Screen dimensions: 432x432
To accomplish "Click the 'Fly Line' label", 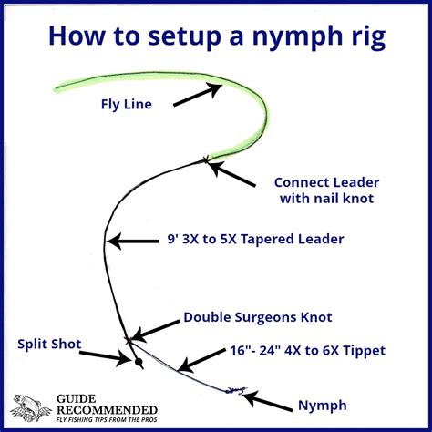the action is click(x=127, y=105).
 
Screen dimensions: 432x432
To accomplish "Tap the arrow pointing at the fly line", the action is click(x=198, y=95).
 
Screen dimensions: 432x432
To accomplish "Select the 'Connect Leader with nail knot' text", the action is click(x=327, y=190).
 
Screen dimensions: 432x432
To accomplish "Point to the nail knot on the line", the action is click(x=206, y=159).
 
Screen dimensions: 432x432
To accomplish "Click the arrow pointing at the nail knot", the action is click(x=232, y=173).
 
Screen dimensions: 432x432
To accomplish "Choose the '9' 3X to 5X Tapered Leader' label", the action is click(x=256, y=239).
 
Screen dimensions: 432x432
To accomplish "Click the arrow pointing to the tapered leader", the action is click(x=133, y=242).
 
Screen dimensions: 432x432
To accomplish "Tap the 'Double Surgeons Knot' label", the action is click(x=258, y=317).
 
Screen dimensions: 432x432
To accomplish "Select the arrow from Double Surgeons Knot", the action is click(x=156, y=331).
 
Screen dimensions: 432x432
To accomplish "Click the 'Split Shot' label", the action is click(x=49, y=345).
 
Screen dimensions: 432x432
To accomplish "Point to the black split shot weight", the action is click(x=139, y=362).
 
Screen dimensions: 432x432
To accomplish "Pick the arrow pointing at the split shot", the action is click(x=105, y=357).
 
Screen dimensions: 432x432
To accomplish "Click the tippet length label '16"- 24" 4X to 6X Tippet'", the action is click(x=307, y=351).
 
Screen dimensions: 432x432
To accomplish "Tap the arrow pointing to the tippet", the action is click(x=201, y=360).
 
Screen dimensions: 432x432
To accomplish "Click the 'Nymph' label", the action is click(x=323, y=406).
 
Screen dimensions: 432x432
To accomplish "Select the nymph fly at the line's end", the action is click(x=236, y=390).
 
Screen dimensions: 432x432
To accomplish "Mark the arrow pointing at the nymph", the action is click(x=267, y=401).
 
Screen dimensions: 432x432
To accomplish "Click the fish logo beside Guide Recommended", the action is click(x=30, y=407).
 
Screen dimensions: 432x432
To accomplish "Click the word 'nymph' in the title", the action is click(x=302, y=37).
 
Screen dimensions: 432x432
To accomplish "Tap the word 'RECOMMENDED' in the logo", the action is click(x=107, y=410).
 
